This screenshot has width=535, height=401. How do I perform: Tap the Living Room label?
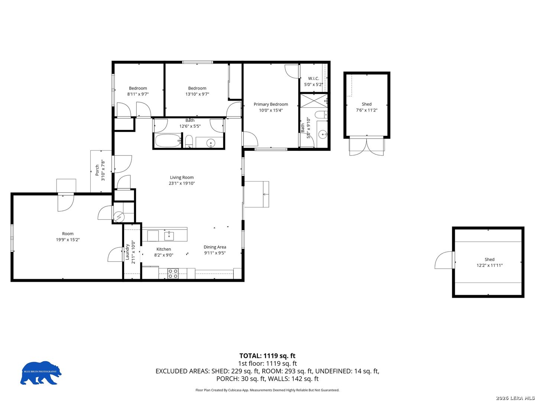tap(182, 177)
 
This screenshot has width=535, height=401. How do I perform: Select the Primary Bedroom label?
tap(270, 104)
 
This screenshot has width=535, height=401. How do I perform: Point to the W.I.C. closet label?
tap(313, 78)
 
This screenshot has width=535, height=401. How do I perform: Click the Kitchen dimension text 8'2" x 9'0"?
tap(163, 255)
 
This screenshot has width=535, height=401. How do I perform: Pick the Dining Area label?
tap(215, 247)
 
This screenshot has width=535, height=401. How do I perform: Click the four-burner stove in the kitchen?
tap(172, 273)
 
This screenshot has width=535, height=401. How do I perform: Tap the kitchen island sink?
tap(169, 236)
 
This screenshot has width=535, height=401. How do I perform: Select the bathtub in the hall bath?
tap(168, 140)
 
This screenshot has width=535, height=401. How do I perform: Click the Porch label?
tap(97, 170)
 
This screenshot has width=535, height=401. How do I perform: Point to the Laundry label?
tap(127, 252)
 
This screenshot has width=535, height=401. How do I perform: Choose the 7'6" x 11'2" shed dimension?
tap(366, 110)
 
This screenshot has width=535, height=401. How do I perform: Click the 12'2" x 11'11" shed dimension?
tap(489, 265)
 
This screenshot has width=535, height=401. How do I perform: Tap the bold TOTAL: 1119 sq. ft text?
tap(267, 356)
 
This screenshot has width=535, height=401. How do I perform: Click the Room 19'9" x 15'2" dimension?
tap(68, 239)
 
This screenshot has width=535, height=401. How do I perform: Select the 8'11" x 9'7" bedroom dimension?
tap(138, 94)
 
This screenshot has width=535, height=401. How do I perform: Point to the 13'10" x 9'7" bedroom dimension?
tap(197, 94)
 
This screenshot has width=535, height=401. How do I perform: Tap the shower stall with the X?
tap(314, 100)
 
